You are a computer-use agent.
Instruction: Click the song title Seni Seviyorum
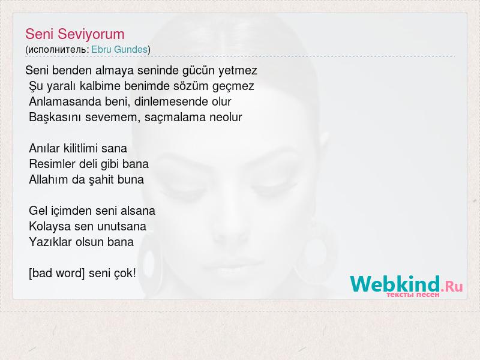tap(74, 34)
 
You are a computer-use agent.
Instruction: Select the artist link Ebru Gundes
tap(119, 49)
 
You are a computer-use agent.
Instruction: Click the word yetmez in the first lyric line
tap(238, 71)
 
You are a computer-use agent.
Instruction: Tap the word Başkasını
tap(55, 117)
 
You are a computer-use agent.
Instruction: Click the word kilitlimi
tap(80, 148)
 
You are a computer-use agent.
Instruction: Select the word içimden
tap(71, 211)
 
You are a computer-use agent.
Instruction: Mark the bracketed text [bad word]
tap(56, 273)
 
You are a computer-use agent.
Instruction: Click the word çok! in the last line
tap(125, 274)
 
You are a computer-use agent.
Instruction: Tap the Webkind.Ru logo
tap(406, 284)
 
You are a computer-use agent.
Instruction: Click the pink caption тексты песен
tap(413, 295)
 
